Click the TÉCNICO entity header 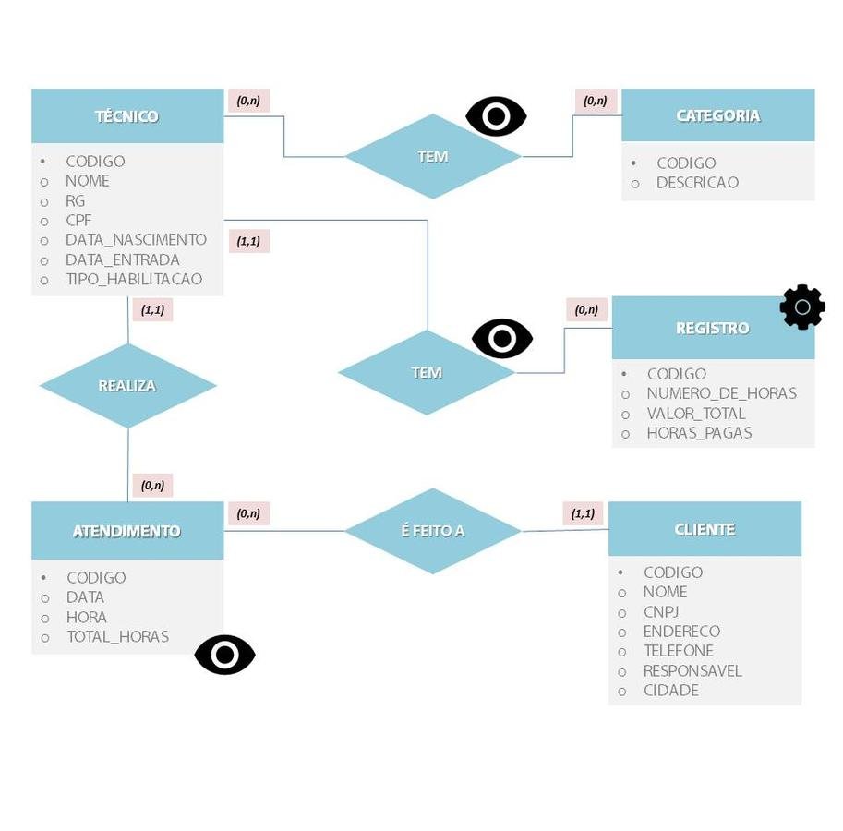coord(127,116)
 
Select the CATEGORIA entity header coord(717,115)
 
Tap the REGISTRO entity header coord(712,328)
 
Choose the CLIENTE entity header coord(705,529)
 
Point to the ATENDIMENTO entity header coord(126,531)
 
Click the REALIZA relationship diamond coord(127,386)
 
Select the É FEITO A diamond coord(432,531)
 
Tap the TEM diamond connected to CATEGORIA coord(432,157)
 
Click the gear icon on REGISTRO coord(802,307)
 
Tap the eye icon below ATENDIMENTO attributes coord(224,655)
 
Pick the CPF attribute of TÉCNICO coord(78,221)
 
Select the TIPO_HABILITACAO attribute coord(133,279)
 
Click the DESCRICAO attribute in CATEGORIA coord(697,183)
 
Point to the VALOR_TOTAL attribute coord(695,414)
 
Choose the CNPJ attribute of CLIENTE coord(660,612)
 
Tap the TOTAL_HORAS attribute coord(117,637)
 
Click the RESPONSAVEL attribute coord(692,671)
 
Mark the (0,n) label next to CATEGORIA coord(596,101)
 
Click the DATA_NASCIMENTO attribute coord(136,240)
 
